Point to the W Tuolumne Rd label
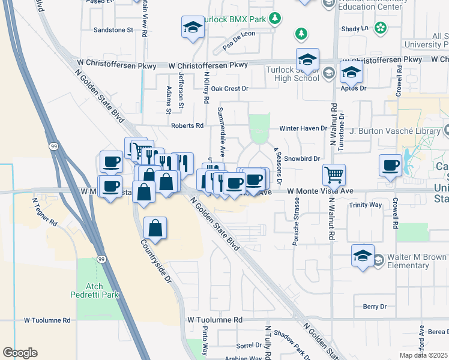214,320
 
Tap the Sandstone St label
113,29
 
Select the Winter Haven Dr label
303,128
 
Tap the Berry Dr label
375,307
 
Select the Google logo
20,353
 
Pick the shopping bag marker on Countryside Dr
155,228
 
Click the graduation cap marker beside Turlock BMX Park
193,27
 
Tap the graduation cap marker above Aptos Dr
351,72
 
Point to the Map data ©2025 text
424,355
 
